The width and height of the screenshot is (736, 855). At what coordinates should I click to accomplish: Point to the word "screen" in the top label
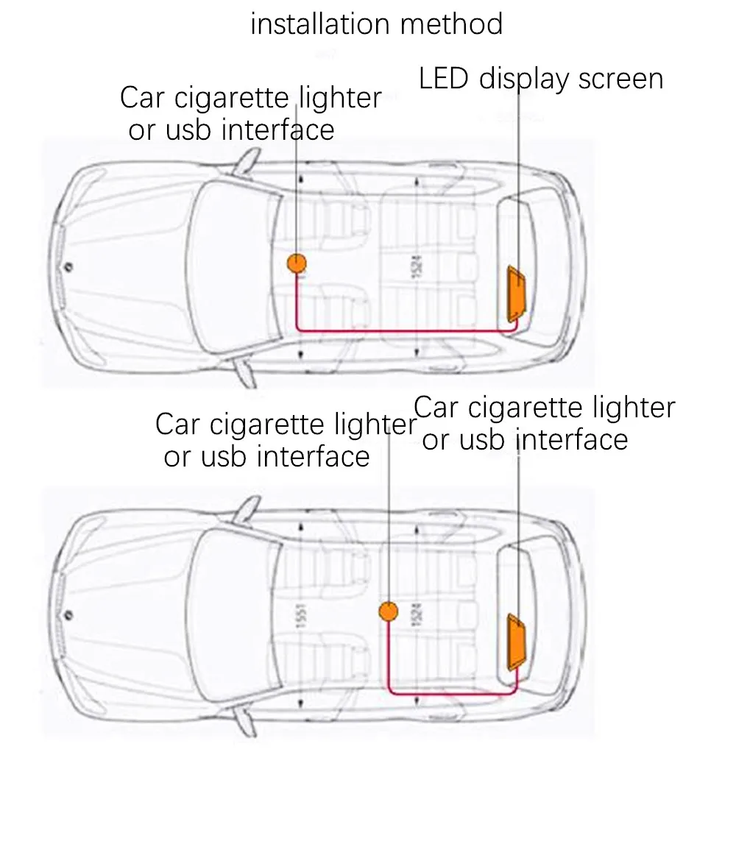tap(620, 79)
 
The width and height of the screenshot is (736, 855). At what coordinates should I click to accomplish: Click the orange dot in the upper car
tap(297, 263)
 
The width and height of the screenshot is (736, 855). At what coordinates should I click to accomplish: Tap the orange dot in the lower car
tap(388, 611)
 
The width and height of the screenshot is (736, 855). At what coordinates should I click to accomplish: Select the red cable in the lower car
tap(449, 693)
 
